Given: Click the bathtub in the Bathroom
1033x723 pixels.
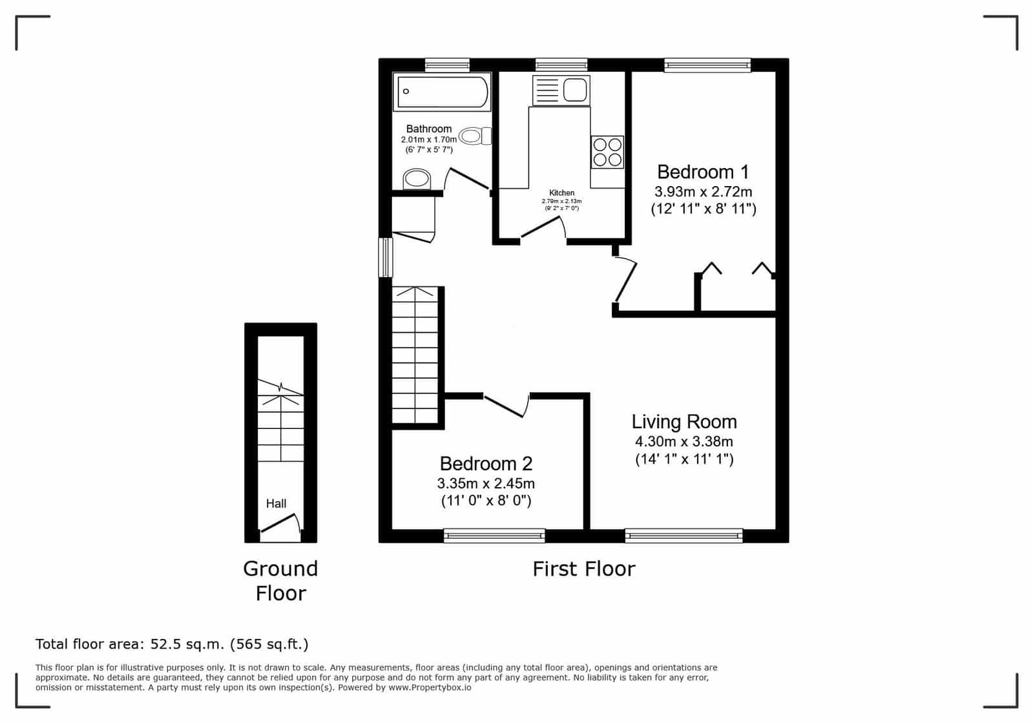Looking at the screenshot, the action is [442, 92].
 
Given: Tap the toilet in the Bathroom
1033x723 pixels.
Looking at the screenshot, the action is [475, 136].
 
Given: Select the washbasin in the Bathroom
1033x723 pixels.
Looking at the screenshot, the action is [417, 179].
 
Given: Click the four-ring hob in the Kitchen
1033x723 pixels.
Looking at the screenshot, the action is [607, 152].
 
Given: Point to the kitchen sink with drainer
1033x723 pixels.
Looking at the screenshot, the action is [561, 90].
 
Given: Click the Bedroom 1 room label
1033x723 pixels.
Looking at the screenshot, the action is [703, 172].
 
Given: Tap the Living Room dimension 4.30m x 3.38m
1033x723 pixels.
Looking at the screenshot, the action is [684, 441].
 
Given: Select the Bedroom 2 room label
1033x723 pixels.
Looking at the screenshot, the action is [486, 463].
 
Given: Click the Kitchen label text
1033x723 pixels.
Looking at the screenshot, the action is [561, 193].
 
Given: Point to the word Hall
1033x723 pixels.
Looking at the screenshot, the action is [277, 503].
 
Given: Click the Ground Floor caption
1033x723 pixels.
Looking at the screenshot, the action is [280, 581].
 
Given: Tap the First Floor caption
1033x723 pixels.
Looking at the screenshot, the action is [584, 569].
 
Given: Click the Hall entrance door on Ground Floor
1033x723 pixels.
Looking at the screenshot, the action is [280, 525].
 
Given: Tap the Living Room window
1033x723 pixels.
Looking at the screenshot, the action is [684, 536].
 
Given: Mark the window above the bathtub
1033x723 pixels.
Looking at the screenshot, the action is [447, 65].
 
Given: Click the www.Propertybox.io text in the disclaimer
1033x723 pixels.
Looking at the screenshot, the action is [430, 687].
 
